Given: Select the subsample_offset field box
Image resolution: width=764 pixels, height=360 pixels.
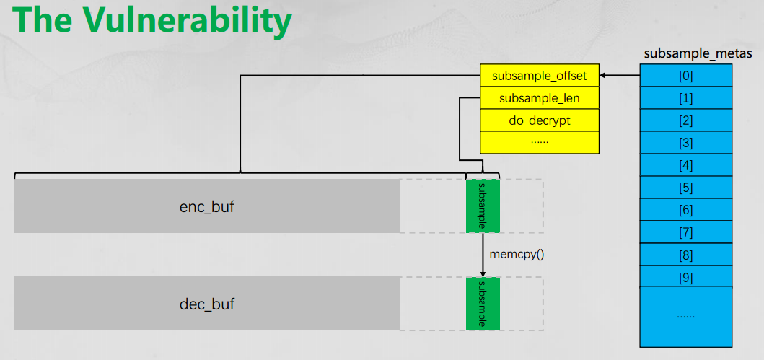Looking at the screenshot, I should click(x=540, y=76).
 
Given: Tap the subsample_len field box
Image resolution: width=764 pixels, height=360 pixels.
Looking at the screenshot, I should click(x=540, y=98).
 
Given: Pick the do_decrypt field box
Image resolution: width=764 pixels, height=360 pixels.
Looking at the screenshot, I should click(x=540, y=120).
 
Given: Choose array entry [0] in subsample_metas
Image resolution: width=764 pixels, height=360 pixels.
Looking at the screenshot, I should click(x=686, y=76).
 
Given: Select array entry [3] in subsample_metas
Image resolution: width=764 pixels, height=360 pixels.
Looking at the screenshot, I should click(x=686, y=143).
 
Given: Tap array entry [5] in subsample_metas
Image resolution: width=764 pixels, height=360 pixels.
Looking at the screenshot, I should click(x=686, y=188).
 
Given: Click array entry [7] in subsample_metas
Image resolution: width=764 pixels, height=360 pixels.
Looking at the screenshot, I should click(x=686, y=233).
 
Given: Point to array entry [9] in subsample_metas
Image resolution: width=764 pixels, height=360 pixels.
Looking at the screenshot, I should click(x=686, y=278).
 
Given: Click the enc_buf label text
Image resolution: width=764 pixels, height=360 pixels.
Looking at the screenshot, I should click(x=206, y=207).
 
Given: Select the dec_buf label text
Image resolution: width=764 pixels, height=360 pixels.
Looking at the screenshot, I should click(x=206, y=304).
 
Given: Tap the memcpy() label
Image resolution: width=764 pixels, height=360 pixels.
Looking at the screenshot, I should click(x=516, y=255).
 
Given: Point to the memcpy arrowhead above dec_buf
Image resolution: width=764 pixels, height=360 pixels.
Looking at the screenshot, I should click(x=483, y=273).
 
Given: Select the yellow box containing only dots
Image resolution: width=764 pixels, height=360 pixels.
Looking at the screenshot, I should click(x=540, y=141).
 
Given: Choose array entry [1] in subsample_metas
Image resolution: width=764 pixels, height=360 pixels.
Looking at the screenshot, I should click(x=686, y=98).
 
